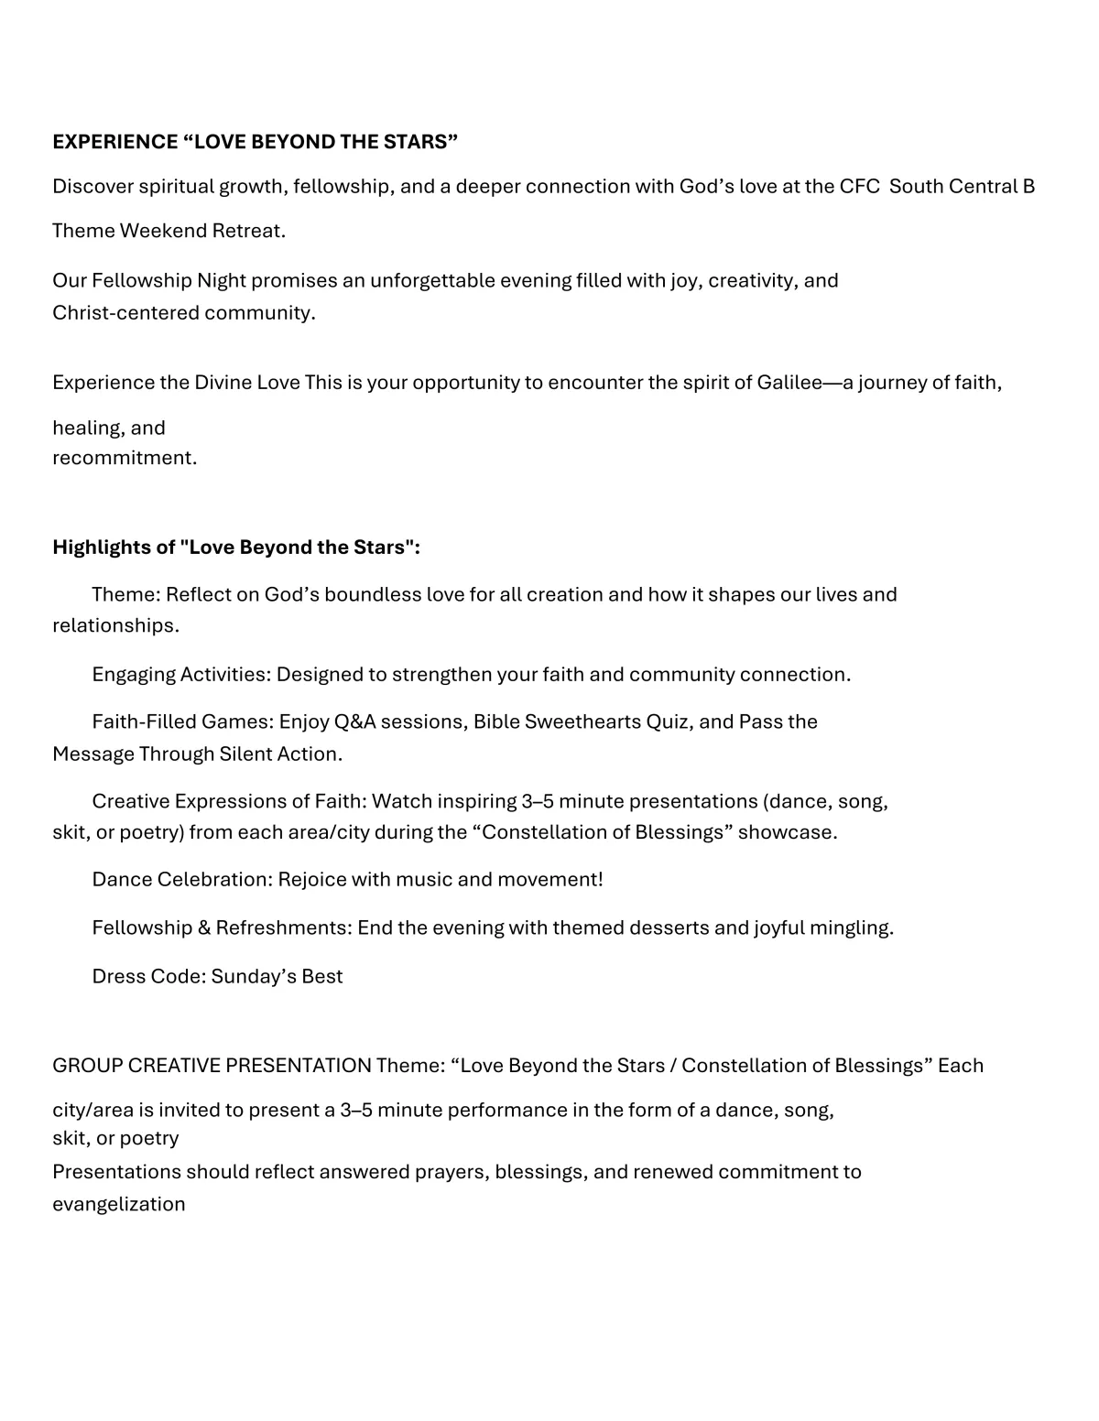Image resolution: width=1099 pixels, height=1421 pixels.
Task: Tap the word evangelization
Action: coord(119,1205)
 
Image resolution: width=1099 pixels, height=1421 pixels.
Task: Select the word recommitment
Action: coord(125,458)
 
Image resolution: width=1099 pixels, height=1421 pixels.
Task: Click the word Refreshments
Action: coord(281,928)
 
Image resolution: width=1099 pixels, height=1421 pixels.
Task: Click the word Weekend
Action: coord(164,231)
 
